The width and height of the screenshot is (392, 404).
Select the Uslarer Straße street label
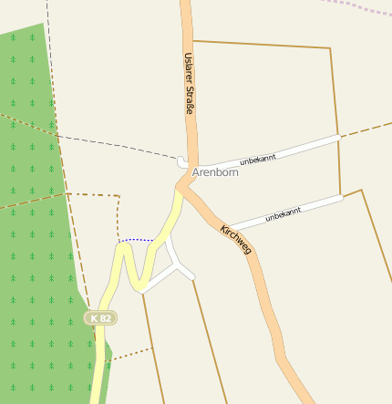pos(189,83)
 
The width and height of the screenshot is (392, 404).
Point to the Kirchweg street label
pos(235,239)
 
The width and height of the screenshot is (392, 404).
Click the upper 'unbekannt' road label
pos(257,156)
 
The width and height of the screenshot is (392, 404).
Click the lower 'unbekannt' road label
pos(283,215)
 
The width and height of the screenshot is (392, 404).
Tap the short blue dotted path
pos(136,240)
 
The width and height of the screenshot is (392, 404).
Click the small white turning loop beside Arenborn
pos(183,162)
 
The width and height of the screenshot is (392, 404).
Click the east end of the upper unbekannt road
pos(339,138)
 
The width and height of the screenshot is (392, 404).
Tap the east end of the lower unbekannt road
pos(341,197)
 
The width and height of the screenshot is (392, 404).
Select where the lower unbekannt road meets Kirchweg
pos(227,228)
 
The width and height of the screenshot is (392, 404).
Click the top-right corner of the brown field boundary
pos(329,47)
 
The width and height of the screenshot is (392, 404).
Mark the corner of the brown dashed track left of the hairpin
pos(119,195)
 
